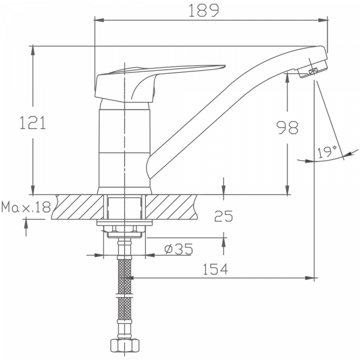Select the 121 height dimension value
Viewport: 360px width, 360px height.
pyautogui.click(x=33, y=124)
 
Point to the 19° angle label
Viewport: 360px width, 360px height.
pyautogui.click(x=327, y=152)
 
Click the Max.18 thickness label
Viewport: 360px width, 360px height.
pyautogui.click(x=26, y=208)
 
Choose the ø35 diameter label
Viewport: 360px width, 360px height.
pyautogui.click(x=178, y=248)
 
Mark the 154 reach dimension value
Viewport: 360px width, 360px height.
pyautogui.click(x=215, y=269)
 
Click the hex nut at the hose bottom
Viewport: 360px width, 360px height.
pyautogui.click(x=124, y=346)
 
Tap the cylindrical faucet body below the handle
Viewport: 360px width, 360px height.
pyautogui.click(x=123, y=147)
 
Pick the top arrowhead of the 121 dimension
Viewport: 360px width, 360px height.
pyautogui.click(x=32, y=49)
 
